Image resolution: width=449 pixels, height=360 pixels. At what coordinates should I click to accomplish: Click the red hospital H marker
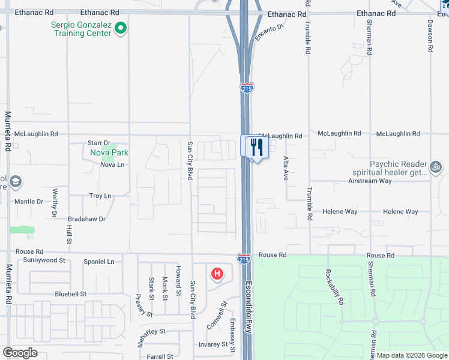click(217, 274)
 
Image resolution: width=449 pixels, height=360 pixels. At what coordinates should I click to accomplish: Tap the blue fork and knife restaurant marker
click(257, 147)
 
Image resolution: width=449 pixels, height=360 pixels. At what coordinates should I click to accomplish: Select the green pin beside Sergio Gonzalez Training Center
click(121, 28)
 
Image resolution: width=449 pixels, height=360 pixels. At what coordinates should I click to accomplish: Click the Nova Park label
click(109, 152)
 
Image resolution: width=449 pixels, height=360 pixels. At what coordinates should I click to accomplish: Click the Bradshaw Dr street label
click(86, 219)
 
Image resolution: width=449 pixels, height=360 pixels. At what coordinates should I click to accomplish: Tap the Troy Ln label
click(100, 196)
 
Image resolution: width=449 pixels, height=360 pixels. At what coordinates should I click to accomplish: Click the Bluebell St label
click(71, 294)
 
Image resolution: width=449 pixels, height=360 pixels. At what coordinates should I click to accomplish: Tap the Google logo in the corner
click(20, 352)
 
